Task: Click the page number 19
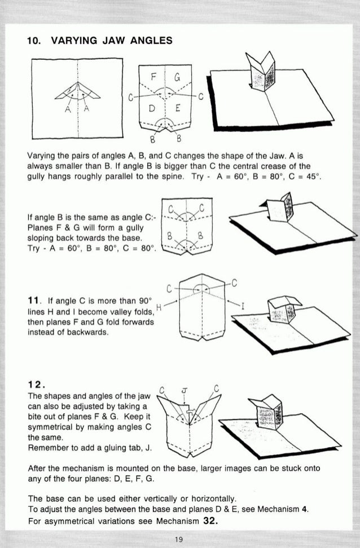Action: (179, 540)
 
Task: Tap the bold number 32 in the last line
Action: (210, 520)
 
